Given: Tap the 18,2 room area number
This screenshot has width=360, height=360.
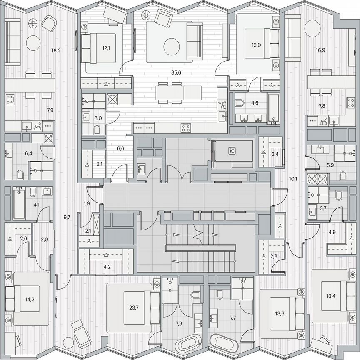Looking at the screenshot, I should tap(56, 51).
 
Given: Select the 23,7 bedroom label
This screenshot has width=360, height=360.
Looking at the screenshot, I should tap(134, 308).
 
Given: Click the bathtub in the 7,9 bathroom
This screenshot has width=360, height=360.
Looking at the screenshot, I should tap(188, 344).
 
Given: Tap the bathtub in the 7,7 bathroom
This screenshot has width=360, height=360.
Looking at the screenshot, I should tap(224, 343).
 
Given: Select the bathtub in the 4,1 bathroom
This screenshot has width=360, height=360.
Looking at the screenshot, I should tap(19, 204).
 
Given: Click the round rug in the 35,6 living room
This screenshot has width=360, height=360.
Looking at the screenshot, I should tap(171, 47).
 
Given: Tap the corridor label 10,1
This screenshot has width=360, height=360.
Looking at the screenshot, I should tap(293, 179).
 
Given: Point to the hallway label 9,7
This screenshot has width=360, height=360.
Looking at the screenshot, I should tap(67, 217).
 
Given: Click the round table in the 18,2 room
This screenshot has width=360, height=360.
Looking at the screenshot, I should tap(33, 42).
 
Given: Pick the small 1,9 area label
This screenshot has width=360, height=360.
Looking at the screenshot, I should tap(87, 204).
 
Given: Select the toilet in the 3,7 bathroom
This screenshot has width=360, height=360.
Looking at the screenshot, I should tap(338, 195).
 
